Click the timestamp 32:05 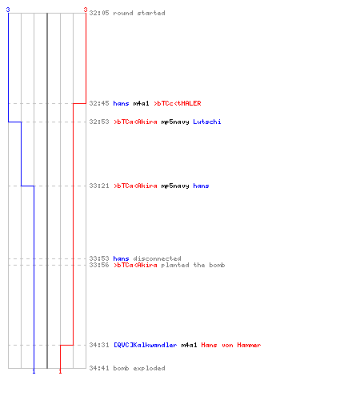tap(99, 13)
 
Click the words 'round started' tap(139, 13)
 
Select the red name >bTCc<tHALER tap(178, 103)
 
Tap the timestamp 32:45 tap(99, 103)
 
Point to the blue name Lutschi tap(207, 122)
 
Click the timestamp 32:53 tap(99, 122)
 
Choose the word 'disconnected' tap(157, 258)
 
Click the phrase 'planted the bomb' tap(193, 265)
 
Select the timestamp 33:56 tap(99, 265)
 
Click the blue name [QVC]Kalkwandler tap(145, 345)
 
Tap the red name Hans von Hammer tap(231, 345)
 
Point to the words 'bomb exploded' tap(139, 368)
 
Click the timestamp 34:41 tap(99, 368)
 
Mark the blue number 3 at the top tap(8, 10)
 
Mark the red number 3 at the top tap(86, 10)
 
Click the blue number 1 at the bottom tap(34, 371)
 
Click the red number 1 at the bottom tap(60, 371)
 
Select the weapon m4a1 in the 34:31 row tap(189, 345)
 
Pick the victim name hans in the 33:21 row tap(201, 186)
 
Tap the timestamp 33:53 tap(99, 258)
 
